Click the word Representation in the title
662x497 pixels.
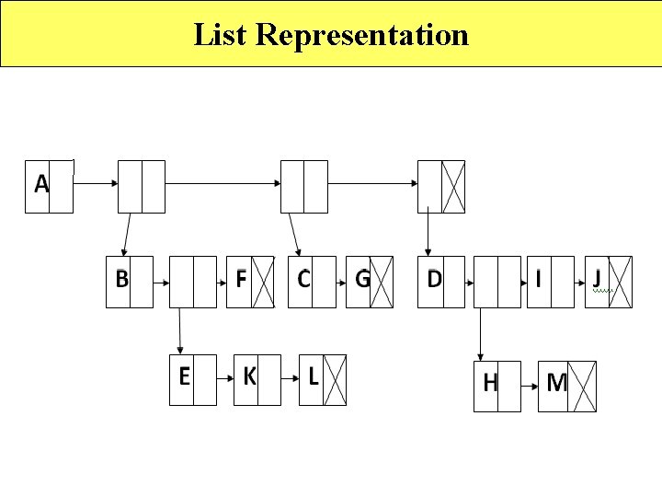(x=362, y=35)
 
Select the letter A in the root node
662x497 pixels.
(x=41, y=184)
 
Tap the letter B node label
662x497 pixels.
(x=121, y=278)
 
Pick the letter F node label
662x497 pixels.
(x=241, y=278)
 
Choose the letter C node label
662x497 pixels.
(x=303, y=278)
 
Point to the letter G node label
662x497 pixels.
(x=362, y=278)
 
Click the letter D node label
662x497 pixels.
(x=434, y=278)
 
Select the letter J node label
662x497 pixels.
(x=598, y=278)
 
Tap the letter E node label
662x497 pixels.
(x=184, y=376)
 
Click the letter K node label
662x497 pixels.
(x=248, y=376)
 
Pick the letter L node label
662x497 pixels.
(x=314, y=376)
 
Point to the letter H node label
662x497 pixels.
(x=490, y=383)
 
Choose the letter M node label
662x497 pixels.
(x=556, y=383)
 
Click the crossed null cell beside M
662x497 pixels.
(x=585, y=387)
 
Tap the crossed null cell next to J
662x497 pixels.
(x=622, y=282)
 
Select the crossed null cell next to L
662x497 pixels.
(x=336, y=379)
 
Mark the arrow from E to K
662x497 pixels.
(x=224, y=378)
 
